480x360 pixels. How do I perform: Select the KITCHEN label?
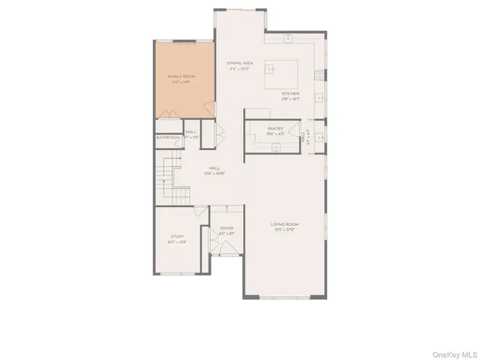291,94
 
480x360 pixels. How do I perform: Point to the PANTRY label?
275,129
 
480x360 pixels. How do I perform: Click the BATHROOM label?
168,138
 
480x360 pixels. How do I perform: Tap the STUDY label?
177,236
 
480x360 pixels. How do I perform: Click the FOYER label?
226,228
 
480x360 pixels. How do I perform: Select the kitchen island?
286,72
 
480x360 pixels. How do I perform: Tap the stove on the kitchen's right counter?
319,75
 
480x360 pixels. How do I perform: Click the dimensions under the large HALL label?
214,174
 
